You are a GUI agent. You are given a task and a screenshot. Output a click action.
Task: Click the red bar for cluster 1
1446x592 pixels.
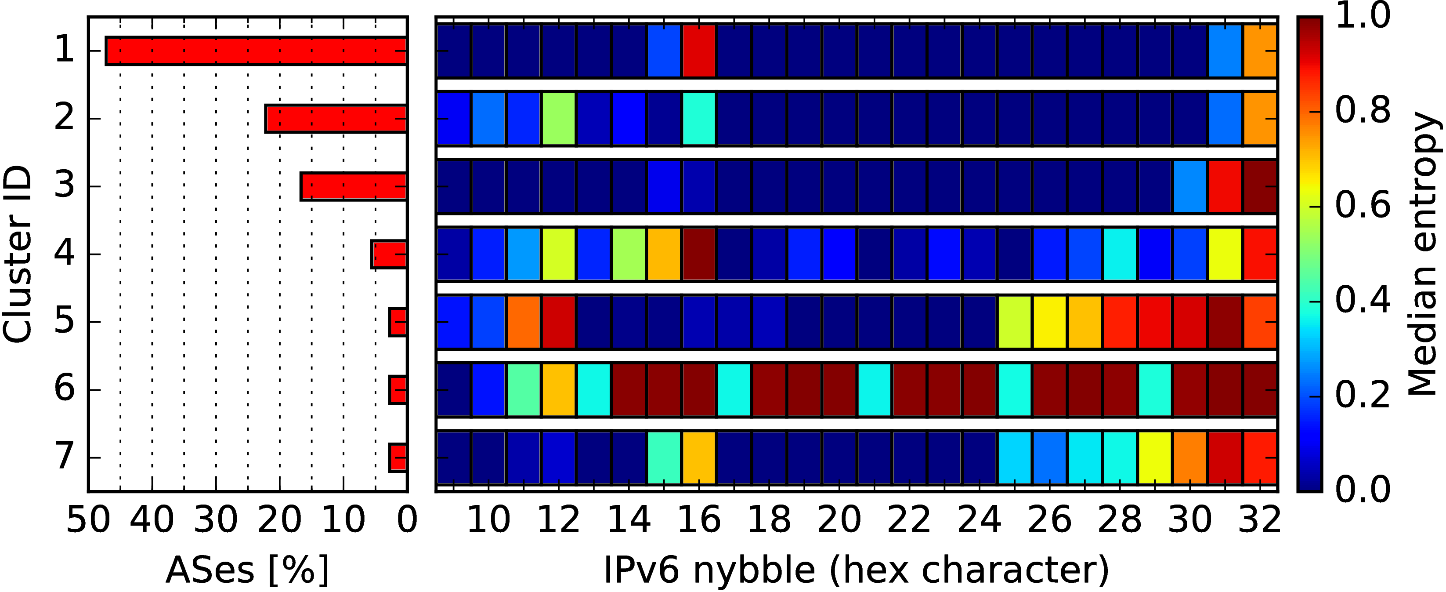point(256,51)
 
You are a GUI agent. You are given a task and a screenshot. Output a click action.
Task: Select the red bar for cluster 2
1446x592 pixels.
point(336,119)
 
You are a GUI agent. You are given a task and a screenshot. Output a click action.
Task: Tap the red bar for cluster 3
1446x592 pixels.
point(354,186)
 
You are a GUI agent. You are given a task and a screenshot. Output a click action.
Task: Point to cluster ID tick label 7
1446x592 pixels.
point(64,457)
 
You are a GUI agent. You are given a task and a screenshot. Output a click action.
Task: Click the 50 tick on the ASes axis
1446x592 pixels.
point(88,519)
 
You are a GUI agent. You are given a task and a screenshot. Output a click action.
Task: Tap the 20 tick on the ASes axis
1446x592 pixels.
point(279,519)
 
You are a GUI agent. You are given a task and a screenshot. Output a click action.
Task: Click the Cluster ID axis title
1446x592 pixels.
point(17,254)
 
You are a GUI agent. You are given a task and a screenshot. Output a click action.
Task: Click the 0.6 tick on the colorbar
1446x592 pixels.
point(1363,206)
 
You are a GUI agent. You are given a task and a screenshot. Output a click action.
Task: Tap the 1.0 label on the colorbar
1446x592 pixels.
point(1363,16)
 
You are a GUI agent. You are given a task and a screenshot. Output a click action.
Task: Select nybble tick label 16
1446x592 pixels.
point(699,519)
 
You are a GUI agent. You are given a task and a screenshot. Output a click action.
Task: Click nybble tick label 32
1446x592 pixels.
point(1260,519)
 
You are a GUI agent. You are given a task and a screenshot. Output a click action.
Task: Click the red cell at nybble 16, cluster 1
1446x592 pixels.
point(699,51)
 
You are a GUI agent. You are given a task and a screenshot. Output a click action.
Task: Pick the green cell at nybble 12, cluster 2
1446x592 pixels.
point(559,119)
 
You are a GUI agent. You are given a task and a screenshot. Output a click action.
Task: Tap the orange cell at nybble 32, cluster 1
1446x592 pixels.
point(1260,51)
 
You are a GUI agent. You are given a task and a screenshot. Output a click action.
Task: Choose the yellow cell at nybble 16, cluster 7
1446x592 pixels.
point(699,457)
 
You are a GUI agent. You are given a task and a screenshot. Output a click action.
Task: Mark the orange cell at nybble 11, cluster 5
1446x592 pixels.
point(524,322)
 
